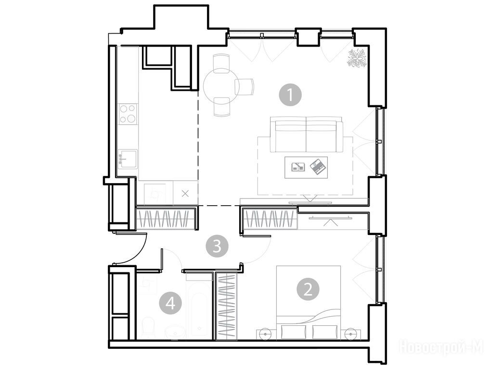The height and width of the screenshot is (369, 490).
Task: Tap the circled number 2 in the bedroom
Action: [308, 289]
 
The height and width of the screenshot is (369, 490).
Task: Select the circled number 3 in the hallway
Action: [217, 246]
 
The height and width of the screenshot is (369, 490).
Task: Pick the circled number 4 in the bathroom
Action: [170, 303]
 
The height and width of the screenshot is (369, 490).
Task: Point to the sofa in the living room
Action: [307, 135]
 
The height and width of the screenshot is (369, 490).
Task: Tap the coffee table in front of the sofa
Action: [306, 168]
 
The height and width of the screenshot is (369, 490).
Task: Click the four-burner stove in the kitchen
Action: [128, 113]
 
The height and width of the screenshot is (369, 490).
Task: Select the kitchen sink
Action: [128, 159]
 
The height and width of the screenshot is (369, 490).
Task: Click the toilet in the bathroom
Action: [147, 328]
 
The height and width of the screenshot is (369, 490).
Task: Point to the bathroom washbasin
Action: [175, 332]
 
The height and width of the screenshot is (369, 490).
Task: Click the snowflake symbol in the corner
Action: [357, 58]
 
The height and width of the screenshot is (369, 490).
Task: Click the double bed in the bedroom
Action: [309, 302]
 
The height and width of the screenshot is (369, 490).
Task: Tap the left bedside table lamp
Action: [265, 334]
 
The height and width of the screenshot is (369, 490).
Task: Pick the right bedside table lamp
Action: [351, 334]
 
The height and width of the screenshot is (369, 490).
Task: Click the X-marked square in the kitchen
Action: [185, 194]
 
